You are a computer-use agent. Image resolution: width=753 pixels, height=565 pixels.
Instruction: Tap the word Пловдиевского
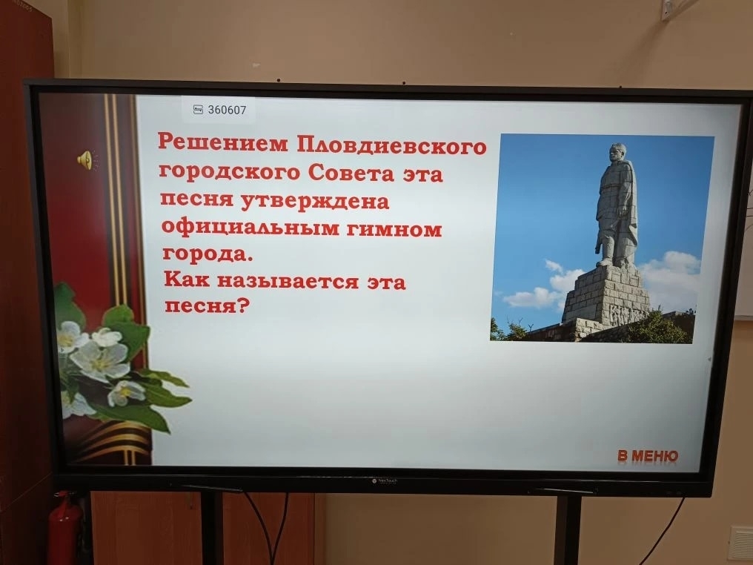coord(391,146)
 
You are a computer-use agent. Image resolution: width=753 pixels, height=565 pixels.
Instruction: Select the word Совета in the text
coord(351,173)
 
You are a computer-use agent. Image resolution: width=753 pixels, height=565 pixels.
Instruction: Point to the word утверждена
coord(314,202)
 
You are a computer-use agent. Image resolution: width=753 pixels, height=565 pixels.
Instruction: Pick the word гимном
coord(394,230)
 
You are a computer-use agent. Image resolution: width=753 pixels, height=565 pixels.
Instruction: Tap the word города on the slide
coord(208,254)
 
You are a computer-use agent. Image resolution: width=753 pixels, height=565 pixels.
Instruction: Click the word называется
coord(288,281)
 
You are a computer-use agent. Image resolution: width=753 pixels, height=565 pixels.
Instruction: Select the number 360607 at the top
coord(227,110)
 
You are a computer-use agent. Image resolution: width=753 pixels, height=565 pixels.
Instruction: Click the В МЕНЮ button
coord(648,455)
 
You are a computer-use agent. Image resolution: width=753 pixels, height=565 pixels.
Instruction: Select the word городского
coord(230,172)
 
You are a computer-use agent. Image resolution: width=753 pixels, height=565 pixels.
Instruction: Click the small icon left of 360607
coord(198,110)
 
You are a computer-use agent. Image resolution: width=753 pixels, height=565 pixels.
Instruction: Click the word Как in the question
coord(187,279)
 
